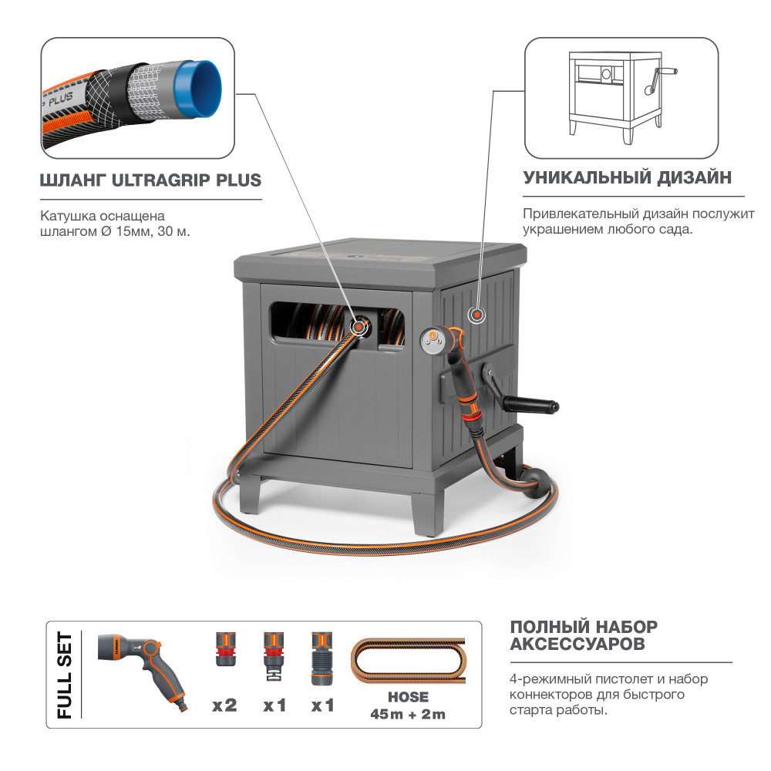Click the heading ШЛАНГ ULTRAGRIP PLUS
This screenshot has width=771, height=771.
(150, 180)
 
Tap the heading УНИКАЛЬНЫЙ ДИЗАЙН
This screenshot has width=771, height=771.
(628, 177)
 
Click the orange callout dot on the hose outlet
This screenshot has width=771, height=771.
(360, 326)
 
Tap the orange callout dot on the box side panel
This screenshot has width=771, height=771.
(476, 315)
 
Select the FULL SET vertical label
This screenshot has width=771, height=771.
(65, 675)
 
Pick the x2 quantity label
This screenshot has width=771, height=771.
(224, 705)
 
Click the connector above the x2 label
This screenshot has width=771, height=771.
(226, 649)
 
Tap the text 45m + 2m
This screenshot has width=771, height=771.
(408, 714)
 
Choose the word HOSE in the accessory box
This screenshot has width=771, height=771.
(408, 697)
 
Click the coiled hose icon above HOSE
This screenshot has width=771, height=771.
(408, 662)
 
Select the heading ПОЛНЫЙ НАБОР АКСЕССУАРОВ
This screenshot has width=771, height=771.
(584, 635)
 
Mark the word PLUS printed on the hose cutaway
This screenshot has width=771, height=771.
(61, 99)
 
